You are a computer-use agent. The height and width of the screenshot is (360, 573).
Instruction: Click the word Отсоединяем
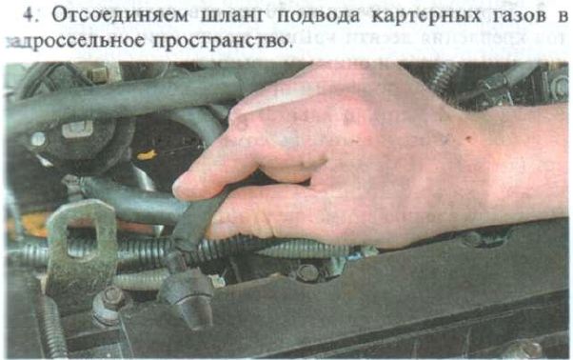click(120, 15)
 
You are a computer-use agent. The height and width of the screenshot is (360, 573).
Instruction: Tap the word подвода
click(318, 16)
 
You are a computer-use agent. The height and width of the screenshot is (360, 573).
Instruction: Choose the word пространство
click(222, 41)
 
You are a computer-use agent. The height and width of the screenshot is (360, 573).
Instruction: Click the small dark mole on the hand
click(468, 138)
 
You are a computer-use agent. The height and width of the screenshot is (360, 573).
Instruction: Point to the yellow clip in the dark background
click(147, 155)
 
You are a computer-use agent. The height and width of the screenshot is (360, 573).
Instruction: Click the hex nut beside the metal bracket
click(112, 298)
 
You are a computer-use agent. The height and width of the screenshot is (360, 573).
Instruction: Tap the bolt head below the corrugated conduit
click(306, 272)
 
